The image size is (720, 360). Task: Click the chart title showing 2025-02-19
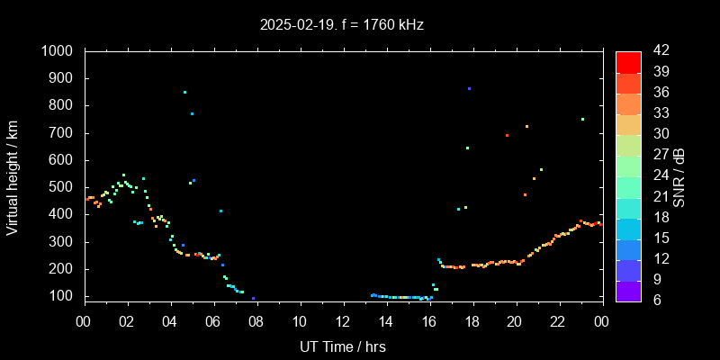(x=341, y=25)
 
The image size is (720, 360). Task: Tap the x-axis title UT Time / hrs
(x=342, y=346)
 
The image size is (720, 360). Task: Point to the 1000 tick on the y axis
(x=61, y=51)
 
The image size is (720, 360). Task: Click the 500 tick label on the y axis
(x=65, y=187)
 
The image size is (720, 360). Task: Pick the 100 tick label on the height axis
(x=65, y=296)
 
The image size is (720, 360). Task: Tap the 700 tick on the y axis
(x=65, y=133)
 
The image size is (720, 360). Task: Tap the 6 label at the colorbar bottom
(x=654, y=300)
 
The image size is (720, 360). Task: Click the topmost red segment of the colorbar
(x=628, y=61)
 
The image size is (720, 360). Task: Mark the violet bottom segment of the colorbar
(x=628, y=290)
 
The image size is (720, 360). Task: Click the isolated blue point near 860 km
(x=469, y=88)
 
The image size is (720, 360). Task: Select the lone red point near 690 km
(x=507, y=135)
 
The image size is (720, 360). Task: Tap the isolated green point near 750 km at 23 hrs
(x=582, y=119)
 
